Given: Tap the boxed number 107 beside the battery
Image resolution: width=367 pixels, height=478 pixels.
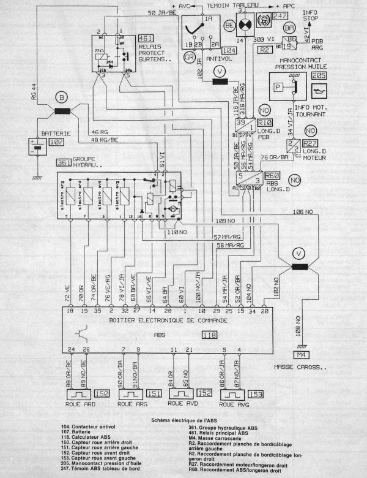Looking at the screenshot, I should click(56, 142).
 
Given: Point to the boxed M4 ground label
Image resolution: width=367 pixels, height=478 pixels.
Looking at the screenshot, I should click(300, 355).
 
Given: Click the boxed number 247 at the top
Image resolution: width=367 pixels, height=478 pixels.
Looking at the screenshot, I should click(281, 17).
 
